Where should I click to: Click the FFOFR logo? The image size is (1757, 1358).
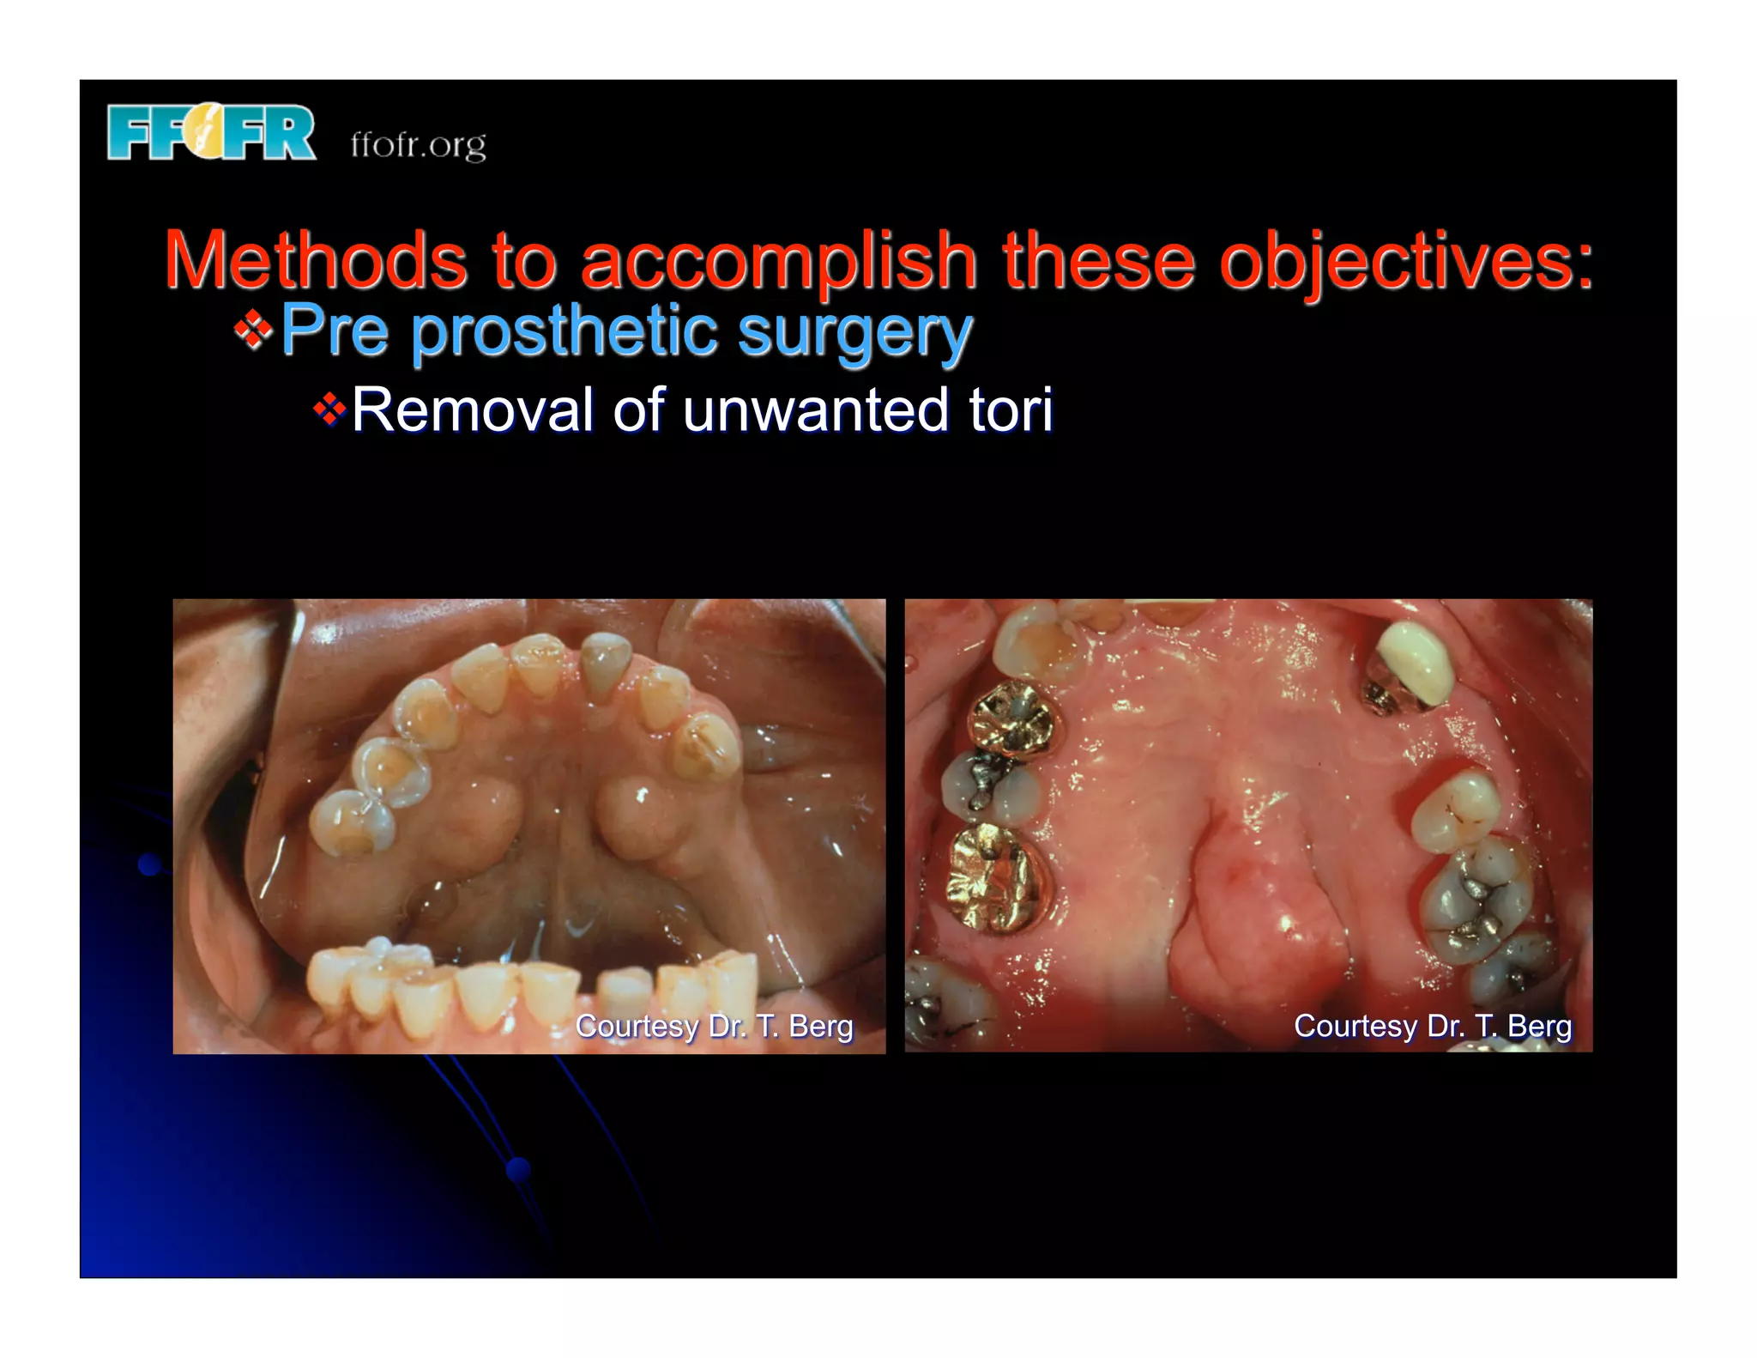point(211,133)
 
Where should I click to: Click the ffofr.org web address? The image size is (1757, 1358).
point(418,144)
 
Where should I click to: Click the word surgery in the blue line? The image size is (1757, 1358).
point(854,332)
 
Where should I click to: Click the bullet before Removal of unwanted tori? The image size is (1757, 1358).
point(329,409)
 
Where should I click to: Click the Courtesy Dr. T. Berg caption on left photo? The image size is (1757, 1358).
point(714,1026)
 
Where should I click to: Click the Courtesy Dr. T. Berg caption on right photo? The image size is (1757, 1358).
point(1432,1026)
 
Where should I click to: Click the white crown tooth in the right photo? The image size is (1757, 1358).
point(1416,660)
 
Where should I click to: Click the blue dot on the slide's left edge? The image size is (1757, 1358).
point(150,864)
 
